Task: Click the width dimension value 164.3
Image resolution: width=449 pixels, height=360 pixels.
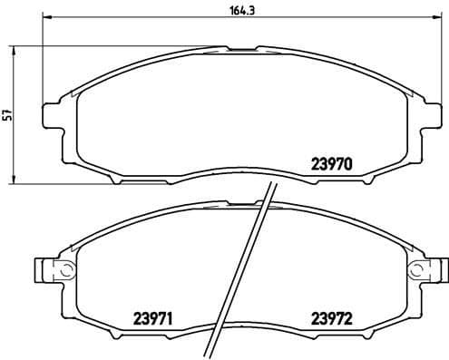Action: click(239, 10)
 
